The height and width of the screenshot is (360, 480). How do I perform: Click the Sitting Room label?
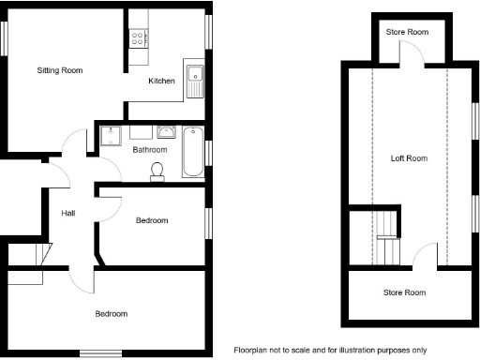60,70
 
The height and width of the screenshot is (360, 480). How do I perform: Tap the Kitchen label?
162,82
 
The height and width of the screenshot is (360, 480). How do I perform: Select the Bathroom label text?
150,149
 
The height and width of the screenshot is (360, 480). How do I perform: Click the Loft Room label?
409,158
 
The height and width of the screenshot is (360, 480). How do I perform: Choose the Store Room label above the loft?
408,33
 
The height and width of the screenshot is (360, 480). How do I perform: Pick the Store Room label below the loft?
404,292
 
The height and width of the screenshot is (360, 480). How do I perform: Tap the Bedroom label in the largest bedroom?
111,313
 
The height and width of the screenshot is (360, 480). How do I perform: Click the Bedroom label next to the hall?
151,220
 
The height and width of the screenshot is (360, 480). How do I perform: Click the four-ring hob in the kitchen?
139,38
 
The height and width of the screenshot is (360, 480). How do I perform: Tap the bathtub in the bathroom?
191,151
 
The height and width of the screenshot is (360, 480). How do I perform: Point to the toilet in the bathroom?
158,168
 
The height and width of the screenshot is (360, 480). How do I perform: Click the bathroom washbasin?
168,132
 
